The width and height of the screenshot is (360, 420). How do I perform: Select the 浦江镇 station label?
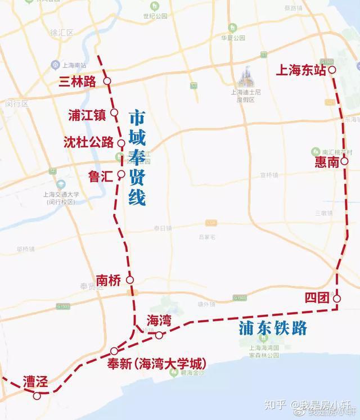[x=86, y=114]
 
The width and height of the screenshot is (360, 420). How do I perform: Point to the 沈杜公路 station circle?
[x=121, y=143]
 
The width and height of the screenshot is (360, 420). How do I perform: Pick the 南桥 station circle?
[x=130, y=279]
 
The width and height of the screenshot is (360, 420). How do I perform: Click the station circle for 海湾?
[x=159, y=335]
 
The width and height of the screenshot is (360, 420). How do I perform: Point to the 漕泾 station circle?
[x=37, y=396]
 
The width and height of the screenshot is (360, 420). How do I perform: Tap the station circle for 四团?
[x=336, y=299]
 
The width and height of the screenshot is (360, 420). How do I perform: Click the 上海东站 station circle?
[x=332, y=70]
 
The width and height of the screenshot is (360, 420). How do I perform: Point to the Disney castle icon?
[x=246, y=76]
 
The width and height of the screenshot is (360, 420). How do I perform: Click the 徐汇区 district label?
[x=62, y=33]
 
